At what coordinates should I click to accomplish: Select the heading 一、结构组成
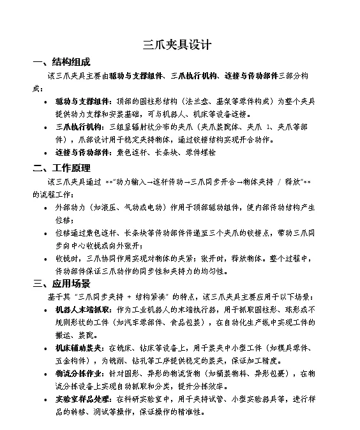[62, 62]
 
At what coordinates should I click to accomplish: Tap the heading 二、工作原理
[62, 169]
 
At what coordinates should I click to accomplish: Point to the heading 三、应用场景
[62, 283]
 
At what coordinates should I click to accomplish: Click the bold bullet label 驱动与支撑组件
[82, 101]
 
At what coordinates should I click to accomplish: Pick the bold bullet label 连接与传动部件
[82, 153]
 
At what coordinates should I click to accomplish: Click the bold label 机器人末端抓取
[82, 309]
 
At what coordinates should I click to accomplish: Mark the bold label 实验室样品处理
[82, 400]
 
